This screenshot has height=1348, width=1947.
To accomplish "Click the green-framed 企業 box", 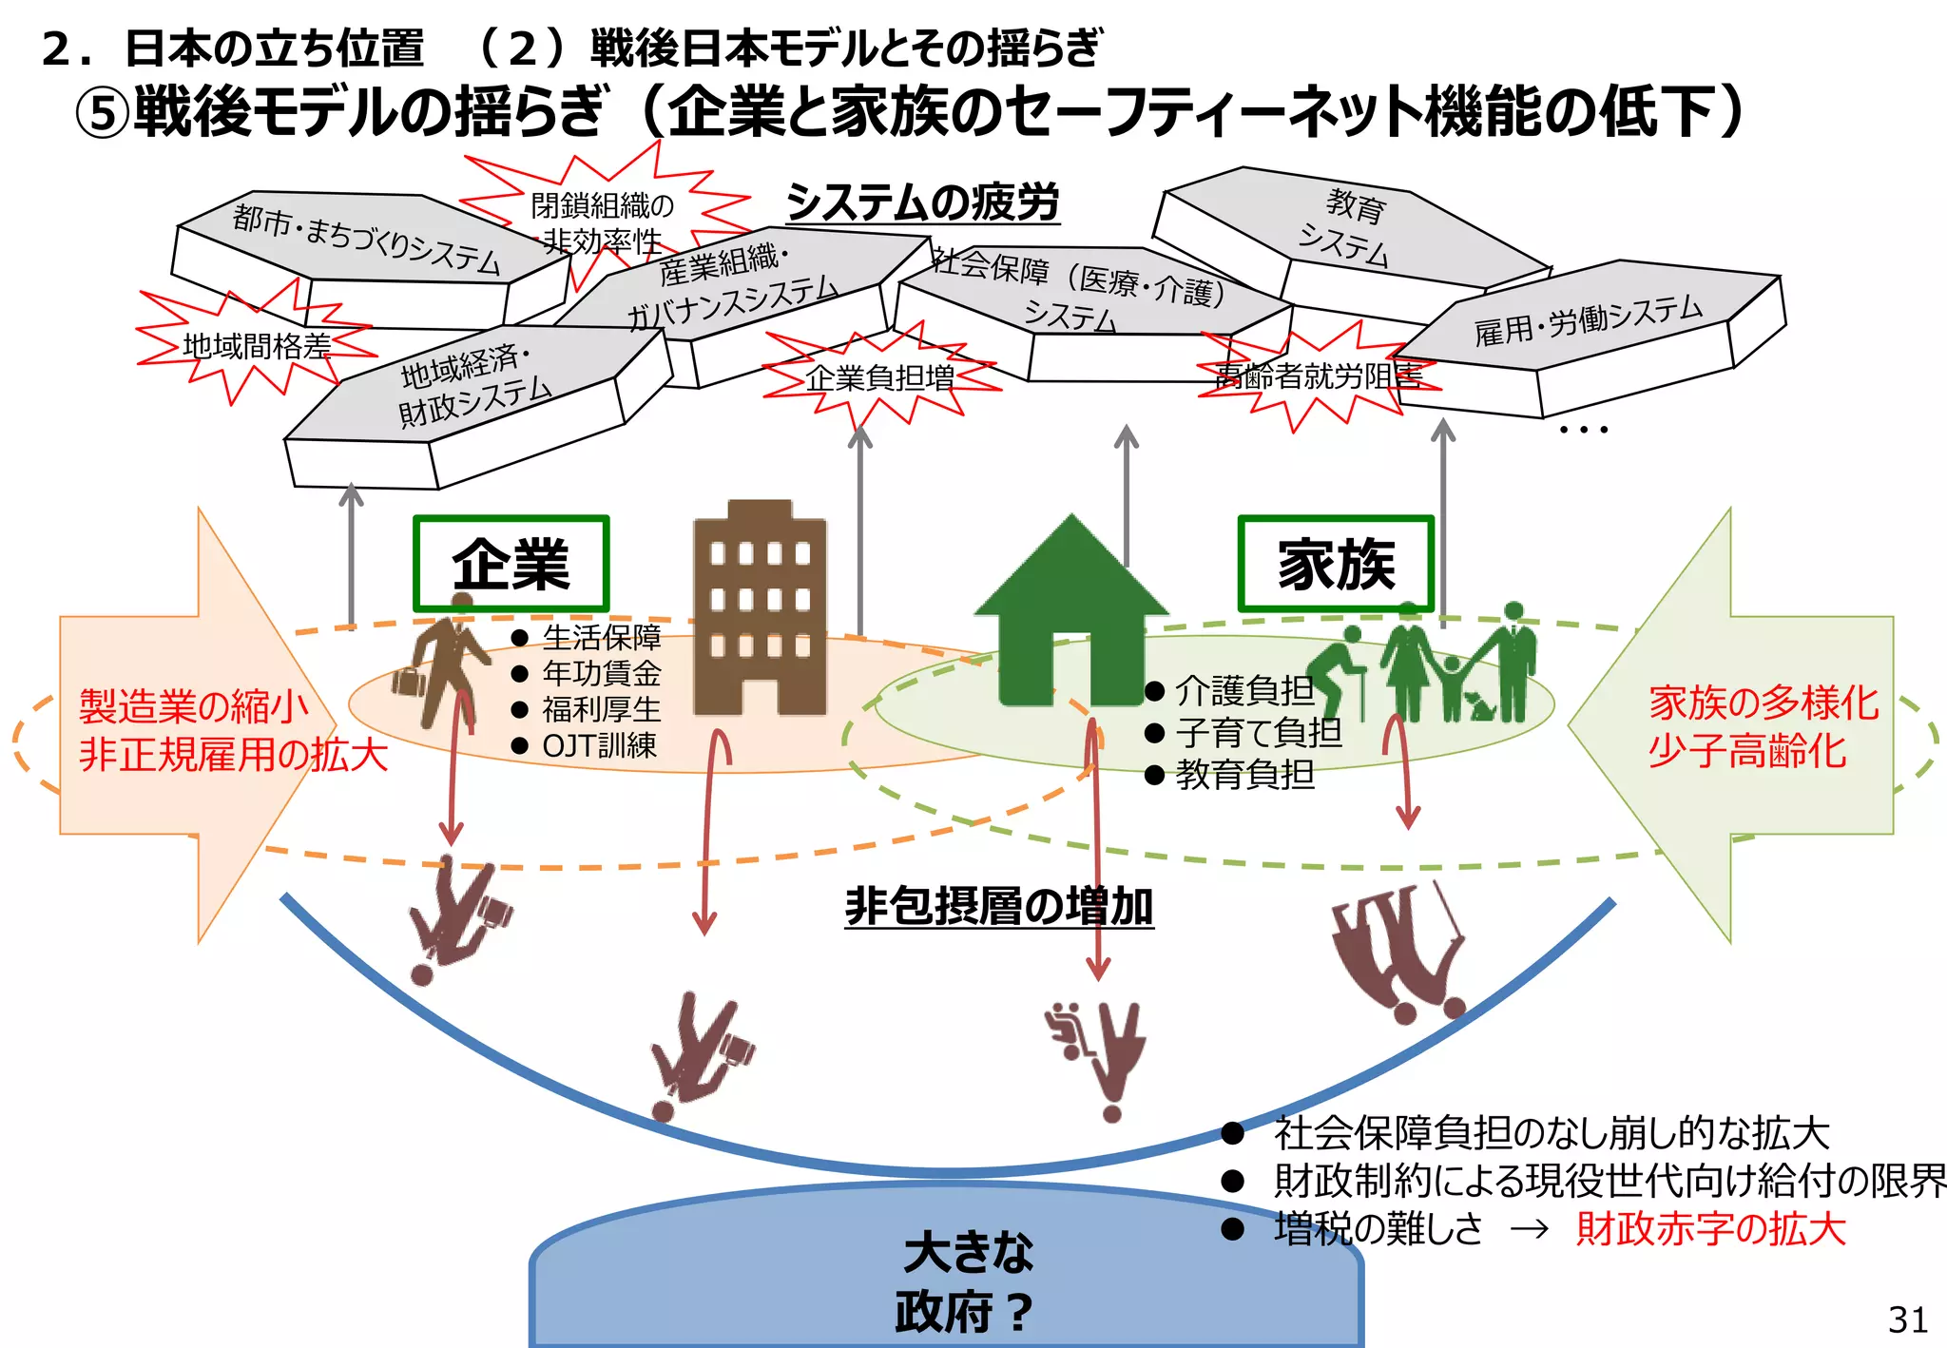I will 511,564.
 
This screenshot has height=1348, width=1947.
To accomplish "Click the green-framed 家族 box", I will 1336,564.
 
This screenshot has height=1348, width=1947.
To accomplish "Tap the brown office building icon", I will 759,608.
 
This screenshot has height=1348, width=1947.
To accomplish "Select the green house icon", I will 1071,608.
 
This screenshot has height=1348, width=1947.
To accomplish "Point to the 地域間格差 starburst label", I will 256,346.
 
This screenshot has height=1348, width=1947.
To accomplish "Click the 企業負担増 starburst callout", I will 880,378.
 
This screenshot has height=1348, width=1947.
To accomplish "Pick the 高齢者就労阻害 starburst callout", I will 1319,377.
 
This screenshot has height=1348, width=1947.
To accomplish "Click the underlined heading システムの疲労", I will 922,202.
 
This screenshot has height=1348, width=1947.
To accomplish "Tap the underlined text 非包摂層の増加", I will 998,905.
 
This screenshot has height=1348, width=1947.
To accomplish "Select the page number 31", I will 1907,1319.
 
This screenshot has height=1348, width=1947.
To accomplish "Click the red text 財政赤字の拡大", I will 1710,1228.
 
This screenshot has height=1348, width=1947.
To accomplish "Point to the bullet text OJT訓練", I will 599,746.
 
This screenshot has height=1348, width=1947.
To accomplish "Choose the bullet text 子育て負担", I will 1258,733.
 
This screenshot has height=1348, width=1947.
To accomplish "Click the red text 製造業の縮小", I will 194,706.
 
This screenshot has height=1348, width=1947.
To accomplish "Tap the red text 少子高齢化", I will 1747,751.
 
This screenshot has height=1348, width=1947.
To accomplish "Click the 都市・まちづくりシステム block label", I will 366,239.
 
